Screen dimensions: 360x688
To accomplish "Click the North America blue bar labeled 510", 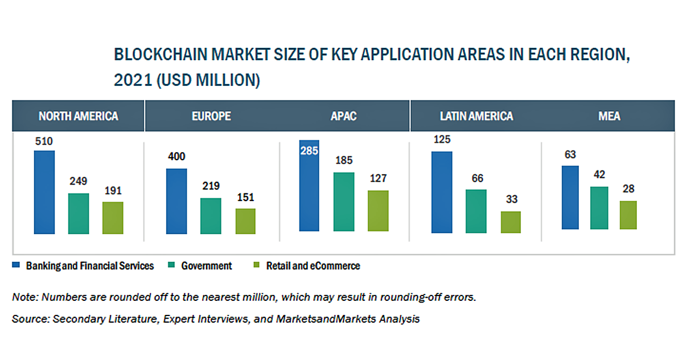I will (x=44, y=192).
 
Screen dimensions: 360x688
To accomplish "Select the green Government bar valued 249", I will (x=78, y=213).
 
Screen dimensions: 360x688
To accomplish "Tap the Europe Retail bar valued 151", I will (x=245, y=221).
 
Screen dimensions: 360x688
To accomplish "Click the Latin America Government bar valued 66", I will (x=476, y=211).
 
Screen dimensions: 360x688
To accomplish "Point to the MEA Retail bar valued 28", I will (x=628, y=215).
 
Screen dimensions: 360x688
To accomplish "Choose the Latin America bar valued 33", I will (x=511, y=222).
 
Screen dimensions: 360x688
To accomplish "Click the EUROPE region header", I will (x=211, y=116).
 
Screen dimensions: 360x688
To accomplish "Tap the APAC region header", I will (x=343, y=116).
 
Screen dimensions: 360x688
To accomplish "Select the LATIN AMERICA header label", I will (x=476, y=116).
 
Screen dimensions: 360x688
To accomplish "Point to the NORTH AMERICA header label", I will (x=78, y=116).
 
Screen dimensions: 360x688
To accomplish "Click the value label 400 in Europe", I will (x=176, y=157).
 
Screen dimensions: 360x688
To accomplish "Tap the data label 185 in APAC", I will (x=344, y=161).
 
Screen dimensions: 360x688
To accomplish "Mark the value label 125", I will (x=441, y=140).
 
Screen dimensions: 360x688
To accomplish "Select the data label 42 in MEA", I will (x=599, y=175).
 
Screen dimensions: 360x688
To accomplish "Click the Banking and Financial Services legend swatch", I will (x=16, y=265).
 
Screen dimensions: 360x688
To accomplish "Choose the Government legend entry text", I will (x=206, y=265).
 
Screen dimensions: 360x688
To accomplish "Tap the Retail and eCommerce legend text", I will (x=313, y=265).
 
